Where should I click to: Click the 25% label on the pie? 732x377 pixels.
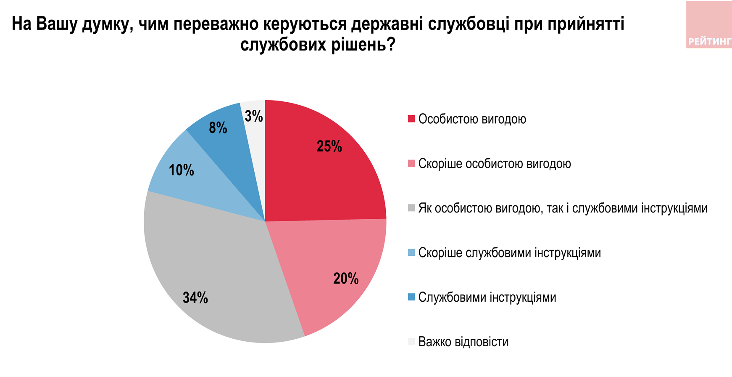[x=329, y=146]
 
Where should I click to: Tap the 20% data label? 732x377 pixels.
[x=346, y=279]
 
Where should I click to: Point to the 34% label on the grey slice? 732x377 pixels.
[x=195, y=298]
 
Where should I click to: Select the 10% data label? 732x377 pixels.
[x=182, y=170]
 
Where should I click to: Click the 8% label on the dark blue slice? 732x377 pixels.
[x=218, y=128]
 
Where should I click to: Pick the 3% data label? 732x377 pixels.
[x=254, y=116]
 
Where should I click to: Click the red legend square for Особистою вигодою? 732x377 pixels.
[x=411, y=119]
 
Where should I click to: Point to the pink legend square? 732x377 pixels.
[x=411, y=164]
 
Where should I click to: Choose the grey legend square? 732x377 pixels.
[x=411, y=208]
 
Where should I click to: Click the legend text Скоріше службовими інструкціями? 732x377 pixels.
[x=509, y=253]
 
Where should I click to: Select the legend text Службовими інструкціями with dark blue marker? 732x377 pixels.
[x=487, y=297]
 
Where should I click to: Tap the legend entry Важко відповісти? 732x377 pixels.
[x=463, y=342]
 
